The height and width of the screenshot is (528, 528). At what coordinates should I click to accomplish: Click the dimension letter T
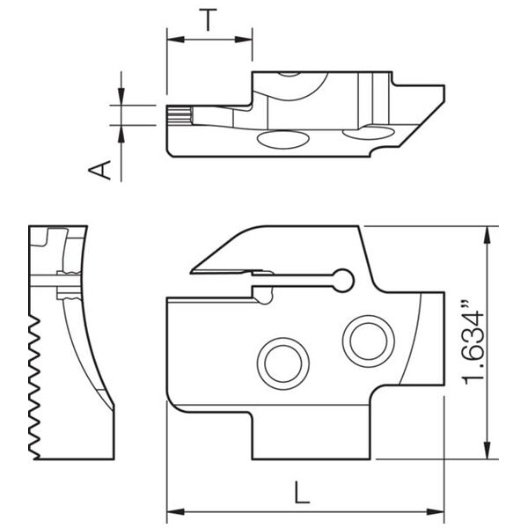pos(208,19)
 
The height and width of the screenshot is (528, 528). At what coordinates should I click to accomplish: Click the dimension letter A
pos(99,170)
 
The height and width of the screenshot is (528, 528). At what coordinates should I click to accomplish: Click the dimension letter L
pos(301,492)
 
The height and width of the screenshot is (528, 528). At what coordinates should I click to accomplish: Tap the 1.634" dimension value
pos(473,344)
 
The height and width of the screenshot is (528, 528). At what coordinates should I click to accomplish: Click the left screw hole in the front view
pos(283,363)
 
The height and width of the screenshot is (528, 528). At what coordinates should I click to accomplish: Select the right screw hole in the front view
pos(369,341)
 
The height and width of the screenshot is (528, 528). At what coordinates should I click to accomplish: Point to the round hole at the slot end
pos(343,280)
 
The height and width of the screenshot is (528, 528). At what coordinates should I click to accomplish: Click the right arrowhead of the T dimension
pos(244,40)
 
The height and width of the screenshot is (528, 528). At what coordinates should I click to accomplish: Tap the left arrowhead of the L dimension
pos(176,512)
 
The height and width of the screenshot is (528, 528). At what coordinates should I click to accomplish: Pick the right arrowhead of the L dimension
pos(436,512)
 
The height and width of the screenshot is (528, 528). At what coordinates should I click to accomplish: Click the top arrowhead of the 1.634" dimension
pos(487,235)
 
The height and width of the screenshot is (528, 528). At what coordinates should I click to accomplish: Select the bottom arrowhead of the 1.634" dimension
pos(487,451)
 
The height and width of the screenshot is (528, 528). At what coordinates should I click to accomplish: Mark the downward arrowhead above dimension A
pos(121,97)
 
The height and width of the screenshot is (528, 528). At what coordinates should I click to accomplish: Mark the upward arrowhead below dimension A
pos(121,134)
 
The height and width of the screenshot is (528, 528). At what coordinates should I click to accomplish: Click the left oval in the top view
pos(282,140)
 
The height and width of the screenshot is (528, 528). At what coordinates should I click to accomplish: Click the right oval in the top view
pos(368,132)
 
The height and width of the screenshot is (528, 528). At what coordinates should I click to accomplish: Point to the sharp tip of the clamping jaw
pos(191,272)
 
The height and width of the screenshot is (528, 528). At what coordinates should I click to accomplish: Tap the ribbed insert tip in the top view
pos(180,115)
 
